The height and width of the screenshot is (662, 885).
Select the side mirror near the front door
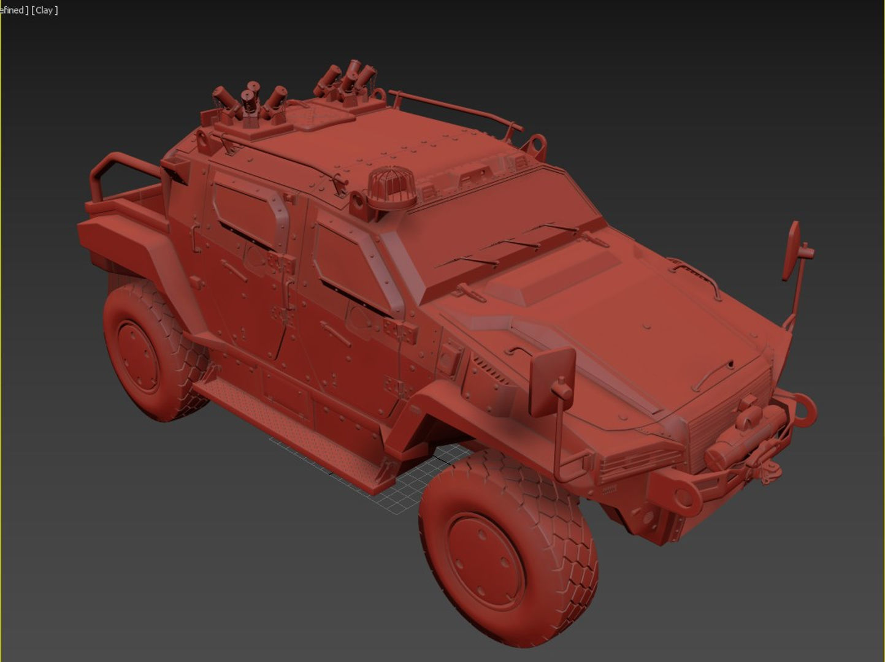[550, 381]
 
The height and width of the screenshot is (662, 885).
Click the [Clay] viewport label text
[45, 10]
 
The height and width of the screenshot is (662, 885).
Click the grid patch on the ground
[417, 475]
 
